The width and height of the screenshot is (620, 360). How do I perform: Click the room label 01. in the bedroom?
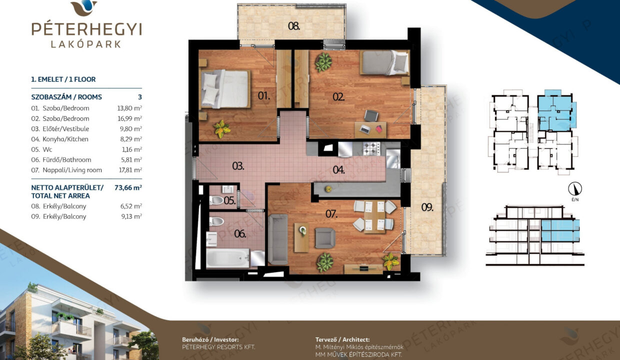point(264,96)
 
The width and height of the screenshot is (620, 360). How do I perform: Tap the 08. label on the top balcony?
point(293,26)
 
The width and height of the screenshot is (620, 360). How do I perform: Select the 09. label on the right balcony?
point(427,207)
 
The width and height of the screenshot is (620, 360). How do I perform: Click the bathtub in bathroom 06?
point(228,258)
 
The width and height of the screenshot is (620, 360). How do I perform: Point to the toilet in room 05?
point(216,200)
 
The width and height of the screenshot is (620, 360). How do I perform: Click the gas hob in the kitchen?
point(371,148)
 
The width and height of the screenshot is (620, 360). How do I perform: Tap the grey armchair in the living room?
point(325,238)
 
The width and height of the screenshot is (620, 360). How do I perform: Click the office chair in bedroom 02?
point(371,115)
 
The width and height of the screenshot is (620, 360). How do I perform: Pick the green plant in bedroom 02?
point(323,62)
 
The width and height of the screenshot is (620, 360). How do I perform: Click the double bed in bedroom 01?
point(225,89)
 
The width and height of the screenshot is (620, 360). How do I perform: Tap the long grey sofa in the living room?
point(278,239)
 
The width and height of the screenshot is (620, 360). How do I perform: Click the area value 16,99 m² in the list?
point(129,118)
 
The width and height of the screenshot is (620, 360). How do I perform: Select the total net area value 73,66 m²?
point(128,187)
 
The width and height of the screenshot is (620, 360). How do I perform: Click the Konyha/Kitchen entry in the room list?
point(65,139)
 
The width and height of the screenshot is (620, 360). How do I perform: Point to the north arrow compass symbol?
point(575,189)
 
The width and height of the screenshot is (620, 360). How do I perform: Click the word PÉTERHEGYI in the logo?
point(86,29)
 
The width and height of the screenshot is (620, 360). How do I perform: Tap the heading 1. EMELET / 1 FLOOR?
point(63,79)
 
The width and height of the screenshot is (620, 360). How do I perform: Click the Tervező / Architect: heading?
point(342,339)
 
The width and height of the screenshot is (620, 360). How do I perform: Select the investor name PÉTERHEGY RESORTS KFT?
point(218,347)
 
